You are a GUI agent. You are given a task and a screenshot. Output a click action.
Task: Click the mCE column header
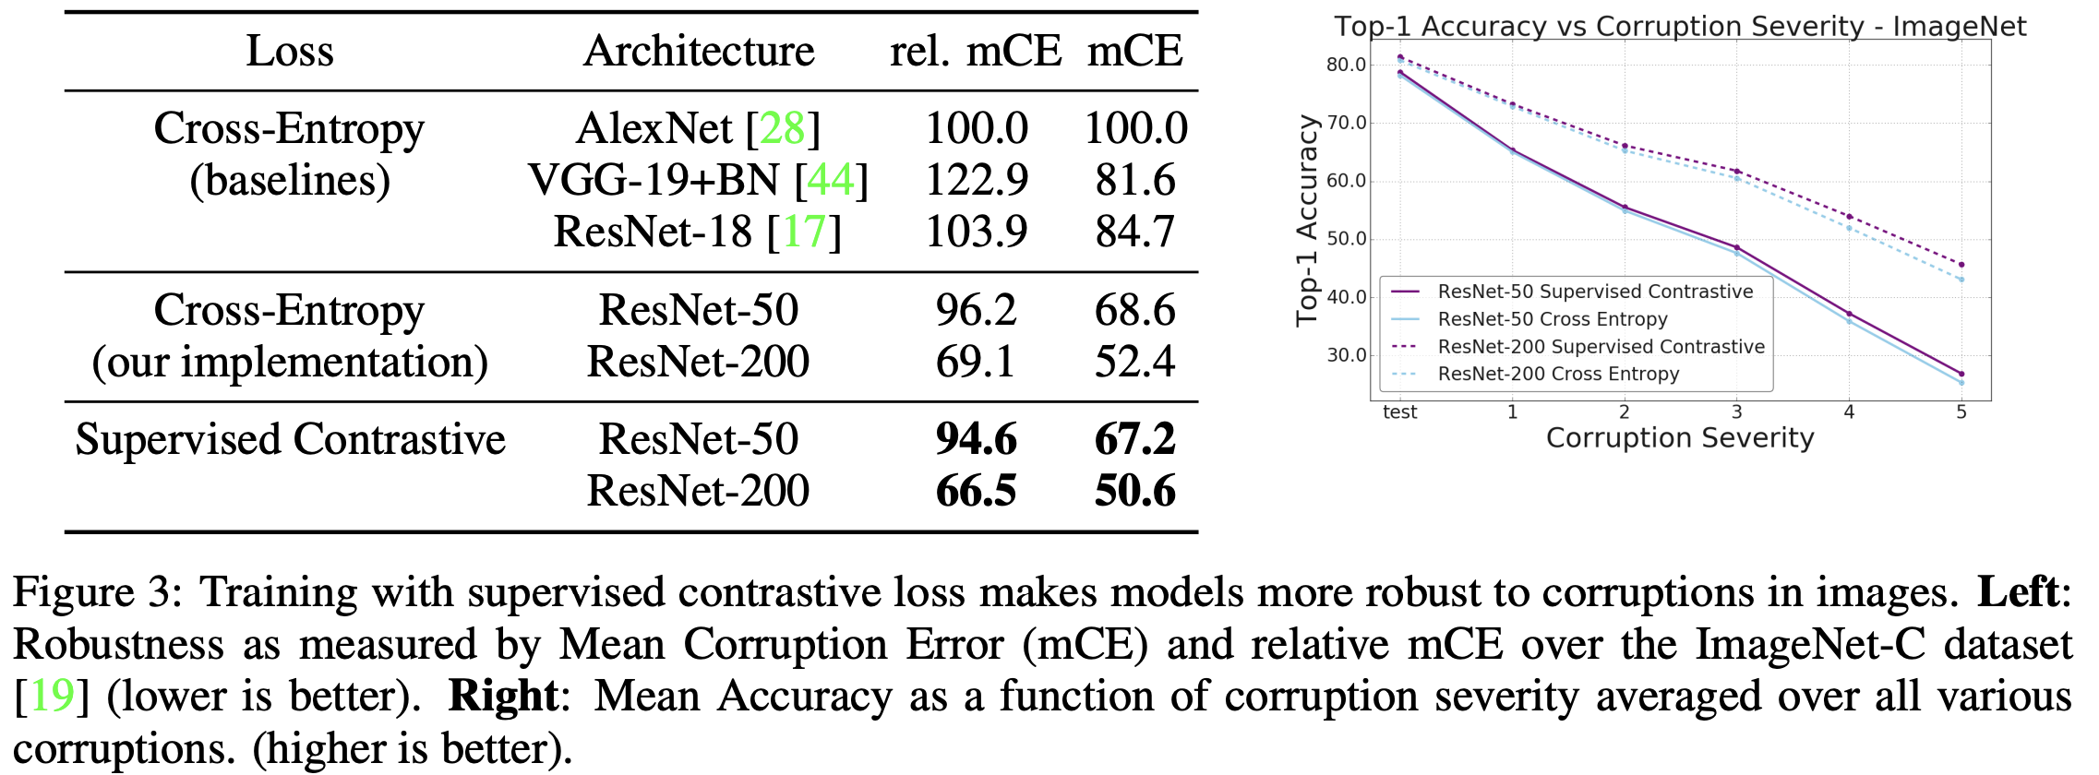point(1134,51)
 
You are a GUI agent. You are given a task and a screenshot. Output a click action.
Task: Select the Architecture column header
point(699,51)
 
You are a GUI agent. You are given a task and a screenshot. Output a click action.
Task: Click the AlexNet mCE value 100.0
point(1135,128)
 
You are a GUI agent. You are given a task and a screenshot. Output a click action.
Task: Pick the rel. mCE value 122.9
point(976,180)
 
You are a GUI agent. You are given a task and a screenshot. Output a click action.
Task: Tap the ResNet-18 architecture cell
point(697,232)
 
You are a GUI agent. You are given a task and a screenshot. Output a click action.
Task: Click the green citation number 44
point(831,180)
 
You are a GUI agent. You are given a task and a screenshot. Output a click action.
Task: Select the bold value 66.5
point(976,491)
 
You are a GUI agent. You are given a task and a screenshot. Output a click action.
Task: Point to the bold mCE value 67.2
point(1134,439)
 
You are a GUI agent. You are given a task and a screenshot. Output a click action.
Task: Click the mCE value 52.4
point(1134,362)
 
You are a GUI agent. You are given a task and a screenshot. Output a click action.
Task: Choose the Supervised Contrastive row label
point(290,439)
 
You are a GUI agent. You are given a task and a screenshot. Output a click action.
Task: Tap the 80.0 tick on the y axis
point(1346,65)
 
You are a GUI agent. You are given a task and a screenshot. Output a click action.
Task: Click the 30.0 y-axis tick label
point(1346,355)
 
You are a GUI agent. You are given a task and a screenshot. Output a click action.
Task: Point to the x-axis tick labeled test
point(1399,412)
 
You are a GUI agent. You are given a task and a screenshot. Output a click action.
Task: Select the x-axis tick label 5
point(1961,412)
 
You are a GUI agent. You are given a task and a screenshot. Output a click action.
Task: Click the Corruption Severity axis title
point(1680,438)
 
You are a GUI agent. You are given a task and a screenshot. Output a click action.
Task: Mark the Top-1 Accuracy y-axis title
point(1306,221)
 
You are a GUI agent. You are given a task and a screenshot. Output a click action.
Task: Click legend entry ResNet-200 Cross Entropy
point(1558,374)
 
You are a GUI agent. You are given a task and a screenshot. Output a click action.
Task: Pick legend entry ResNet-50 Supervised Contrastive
point(1595,292)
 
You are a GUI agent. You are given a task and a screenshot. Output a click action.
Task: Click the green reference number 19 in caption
point(52,695)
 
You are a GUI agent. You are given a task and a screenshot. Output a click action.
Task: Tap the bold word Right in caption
point(503,695)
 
